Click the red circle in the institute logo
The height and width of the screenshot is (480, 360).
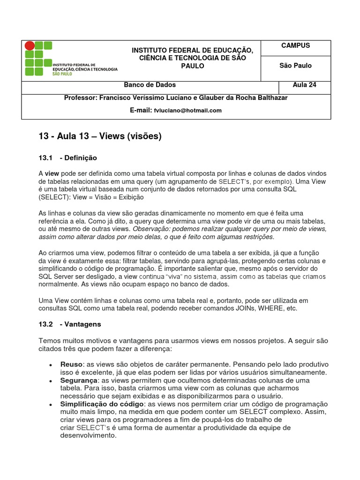click(30, 46)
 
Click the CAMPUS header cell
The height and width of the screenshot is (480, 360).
click(295, 46)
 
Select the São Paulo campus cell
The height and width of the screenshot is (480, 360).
click(295, 66)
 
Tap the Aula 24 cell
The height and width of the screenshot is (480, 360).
click(304, 85)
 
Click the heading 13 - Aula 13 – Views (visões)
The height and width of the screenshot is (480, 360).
click(100, 136)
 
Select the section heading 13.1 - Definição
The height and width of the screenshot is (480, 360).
click(67, 157)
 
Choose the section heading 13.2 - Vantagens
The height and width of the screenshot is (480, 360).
click(69, 324)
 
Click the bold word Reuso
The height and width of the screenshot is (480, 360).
click(71, 364)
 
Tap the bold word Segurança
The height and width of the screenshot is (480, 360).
click(79, 380)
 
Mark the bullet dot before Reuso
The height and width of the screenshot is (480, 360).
click(50, 365)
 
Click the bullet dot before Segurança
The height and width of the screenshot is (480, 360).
click(50, 381)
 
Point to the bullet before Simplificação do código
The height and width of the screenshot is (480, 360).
click(50, 405)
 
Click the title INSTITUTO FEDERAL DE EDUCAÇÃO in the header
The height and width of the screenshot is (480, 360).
click(192, 50)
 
